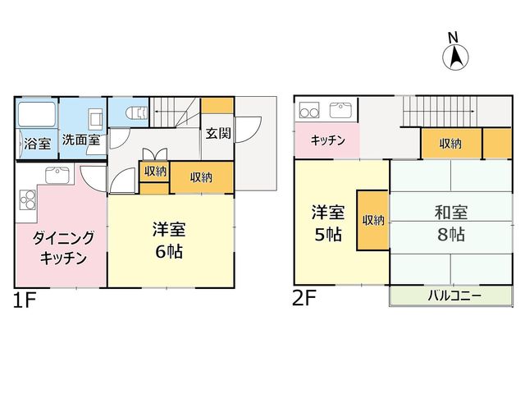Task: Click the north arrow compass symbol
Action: [x=455, y=57]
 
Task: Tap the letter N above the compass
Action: [x=453, y=37]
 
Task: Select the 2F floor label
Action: [x=304, y=297]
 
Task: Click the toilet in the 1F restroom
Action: [x=136, y=113]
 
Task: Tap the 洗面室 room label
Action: [x=81, y=140]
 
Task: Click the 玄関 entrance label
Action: [x=218, y=133]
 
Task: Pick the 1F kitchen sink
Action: [x=57, y=175]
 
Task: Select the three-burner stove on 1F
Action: [x=28, y=199]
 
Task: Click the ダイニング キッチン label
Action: [x=63, y=248]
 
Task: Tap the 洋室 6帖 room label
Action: [x=169, y=240]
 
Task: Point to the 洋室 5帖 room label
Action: [x=328, y=222]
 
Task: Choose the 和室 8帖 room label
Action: [x=451, y=222]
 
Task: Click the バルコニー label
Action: [x=454, y=295]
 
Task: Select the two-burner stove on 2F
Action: [x=309, y=111]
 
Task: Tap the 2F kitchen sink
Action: [x=340, y=110]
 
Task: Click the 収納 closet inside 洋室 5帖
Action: [x=372, y=221]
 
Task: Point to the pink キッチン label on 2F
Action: [x=327, y=140]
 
